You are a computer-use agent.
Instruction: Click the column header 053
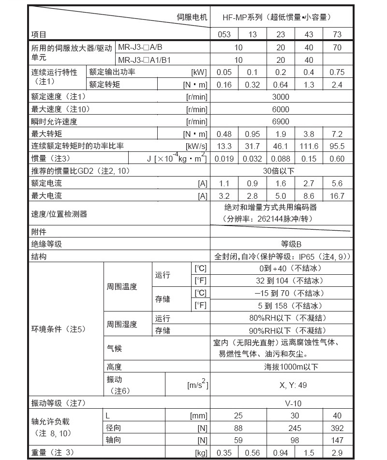(224, 34)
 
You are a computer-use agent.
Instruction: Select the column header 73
(337, 34)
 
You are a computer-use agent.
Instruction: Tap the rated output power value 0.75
(337, 72)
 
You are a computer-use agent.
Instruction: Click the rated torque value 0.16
(224, 85)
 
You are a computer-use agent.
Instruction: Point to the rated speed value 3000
(281, 97)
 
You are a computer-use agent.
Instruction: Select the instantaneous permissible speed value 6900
(281, 122)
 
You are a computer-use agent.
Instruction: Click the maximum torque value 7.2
(337, 134)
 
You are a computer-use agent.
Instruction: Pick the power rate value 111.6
(309, 146)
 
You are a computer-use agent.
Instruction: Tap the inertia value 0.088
(281, 159)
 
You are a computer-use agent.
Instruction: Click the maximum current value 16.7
(337, 196)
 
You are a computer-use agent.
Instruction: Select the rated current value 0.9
(253, 184)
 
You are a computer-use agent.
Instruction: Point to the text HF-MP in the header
(234, 17)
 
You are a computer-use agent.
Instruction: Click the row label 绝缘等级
(47, 244)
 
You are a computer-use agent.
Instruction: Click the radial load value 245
(295, 428)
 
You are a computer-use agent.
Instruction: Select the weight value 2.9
(337, 453)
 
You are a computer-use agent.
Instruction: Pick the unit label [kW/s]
(196, 146)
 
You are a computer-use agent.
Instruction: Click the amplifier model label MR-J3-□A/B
(140, 47)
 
